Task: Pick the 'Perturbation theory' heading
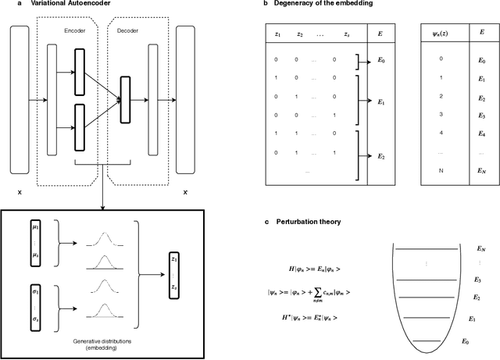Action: [300, 222]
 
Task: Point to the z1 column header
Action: [276, 34]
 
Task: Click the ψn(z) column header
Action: [441, 34]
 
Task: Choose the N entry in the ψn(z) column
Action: [441, 169]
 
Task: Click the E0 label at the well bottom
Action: [467, 341]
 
